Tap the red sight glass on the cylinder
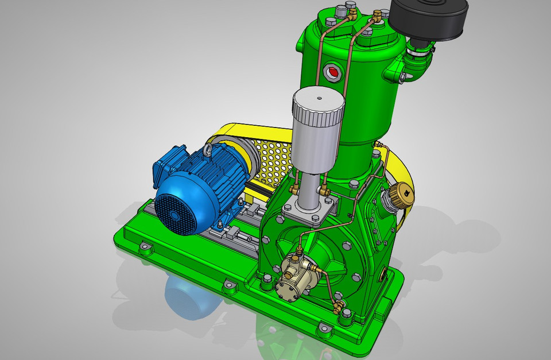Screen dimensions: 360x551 pos(332,72)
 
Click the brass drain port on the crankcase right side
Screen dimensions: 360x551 pos(384,276)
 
